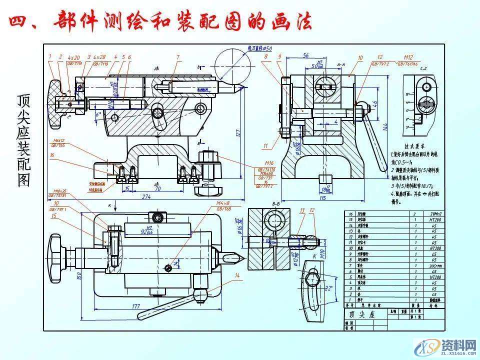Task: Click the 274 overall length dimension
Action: [146, 196]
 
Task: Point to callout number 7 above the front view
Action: [177, 57]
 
